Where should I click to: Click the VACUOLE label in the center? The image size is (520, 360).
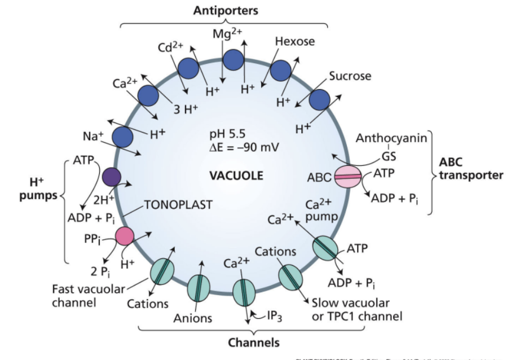click(236, 175)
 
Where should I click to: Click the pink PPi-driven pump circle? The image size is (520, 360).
click(125, 236)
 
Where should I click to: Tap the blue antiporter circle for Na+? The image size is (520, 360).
click(122, 138)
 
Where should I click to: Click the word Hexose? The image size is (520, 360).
click(295, 41)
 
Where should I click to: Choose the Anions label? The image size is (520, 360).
click(192, 318)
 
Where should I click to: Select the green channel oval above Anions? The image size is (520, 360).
click(199, 287)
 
